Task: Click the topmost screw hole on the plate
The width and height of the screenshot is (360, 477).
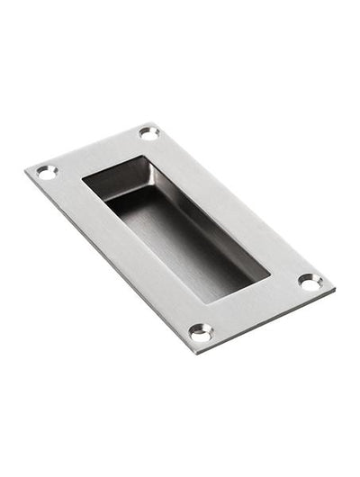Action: point(148,133)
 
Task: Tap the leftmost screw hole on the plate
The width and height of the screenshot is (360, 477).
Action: point(47,171)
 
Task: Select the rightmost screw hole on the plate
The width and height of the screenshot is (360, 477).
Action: point(310,282)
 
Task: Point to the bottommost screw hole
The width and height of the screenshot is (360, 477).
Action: point(201,332)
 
